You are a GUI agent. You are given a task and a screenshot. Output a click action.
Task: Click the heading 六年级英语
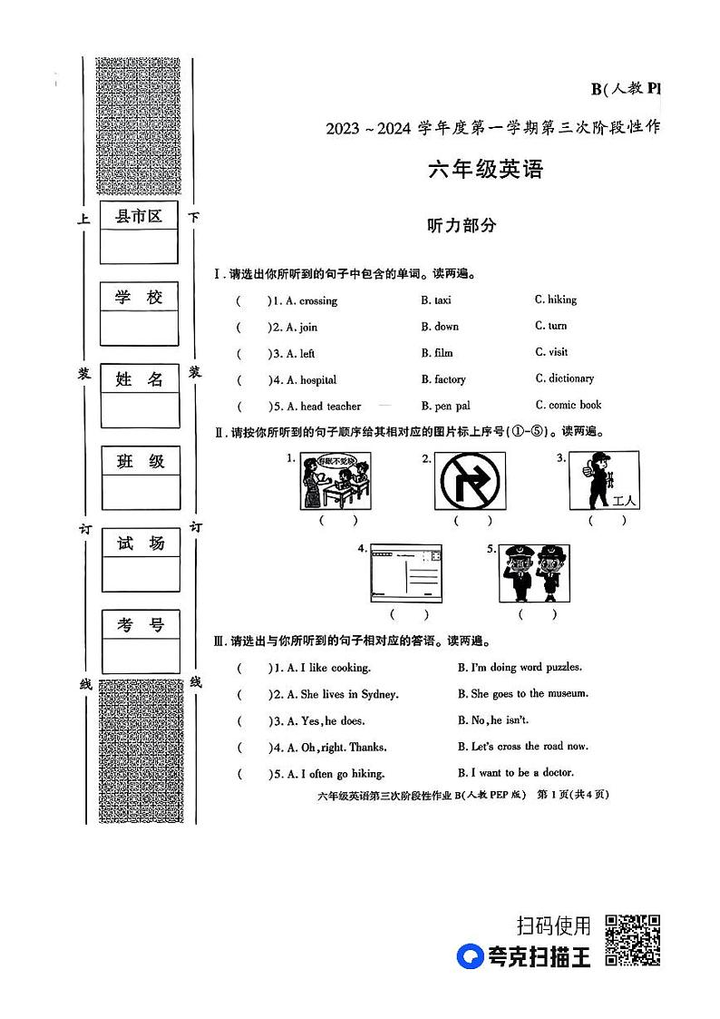(x=485, y=170)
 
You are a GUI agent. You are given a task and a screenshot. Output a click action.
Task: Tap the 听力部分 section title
(x=462, y=226)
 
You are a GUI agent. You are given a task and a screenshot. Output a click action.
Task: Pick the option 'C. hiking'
(x=555, y=299)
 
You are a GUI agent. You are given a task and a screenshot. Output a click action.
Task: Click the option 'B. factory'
(x=443, y=379)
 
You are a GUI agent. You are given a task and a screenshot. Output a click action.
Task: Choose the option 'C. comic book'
(x=568, y=405)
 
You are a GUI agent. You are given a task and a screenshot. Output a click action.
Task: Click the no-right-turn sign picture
(x=472, y=481)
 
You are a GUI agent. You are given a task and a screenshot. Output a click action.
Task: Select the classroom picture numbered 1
(x=336, y=481)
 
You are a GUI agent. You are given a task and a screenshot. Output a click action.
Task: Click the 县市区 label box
(x=139, y=216)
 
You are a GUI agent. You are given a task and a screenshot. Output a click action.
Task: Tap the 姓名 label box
(x=140, y=379)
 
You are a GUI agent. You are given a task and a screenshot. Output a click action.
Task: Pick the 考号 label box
(x=140, y=624)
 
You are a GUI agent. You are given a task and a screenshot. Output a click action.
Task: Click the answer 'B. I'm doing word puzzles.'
(x=520, y=667)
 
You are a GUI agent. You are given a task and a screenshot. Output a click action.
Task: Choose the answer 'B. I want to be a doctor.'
(x=515, y=772)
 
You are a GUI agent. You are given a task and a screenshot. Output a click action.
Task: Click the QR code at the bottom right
(x=632, y=940)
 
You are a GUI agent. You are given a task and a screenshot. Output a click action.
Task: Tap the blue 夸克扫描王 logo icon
(x=471, y=956)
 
